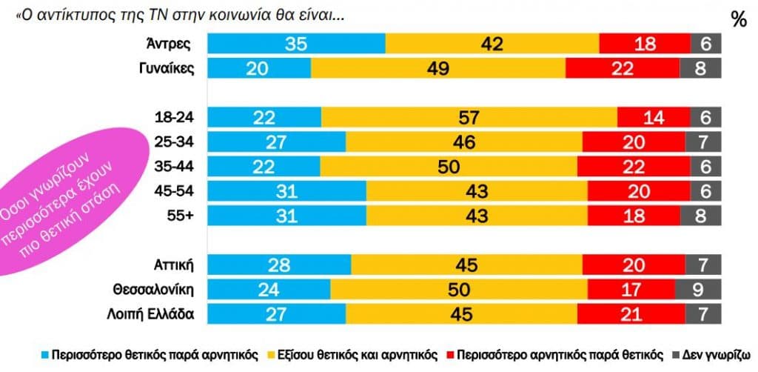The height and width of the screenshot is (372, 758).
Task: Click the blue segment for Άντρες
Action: pos(296,44)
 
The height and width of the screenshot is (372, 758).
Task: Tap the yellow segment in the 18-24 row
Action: pos(469,117)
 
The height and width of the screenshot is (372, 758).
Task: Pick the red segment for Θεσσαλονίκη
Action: pos(634,289)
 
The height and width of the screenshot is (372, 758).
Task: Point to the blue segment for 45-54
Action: pos(286,190)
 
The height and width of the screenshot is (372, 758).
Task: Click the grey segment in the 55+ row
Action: pos(705,215)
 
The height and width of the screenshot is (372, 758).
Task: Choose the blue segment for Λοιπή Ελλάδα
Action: pos(275,313)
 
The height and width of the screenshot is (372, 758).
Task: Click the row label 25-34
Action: pos(174,142)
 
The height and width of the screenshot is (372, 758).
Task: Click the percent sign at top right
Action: pos(738,20)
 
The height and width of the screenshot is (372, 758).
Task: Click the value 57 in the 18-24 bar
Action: pos(469,117)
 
